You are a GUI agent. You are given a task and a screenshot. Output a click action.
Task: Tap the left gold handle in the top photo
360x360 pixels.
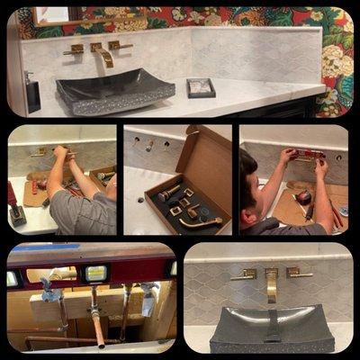pos(74,50)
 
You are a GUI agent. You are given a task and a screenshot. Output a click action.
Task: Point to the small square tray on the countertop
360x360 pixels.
pos(200,87)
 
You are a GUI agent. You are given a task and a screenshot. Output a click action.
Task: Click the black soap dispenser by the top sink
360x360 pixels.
pos(32,93)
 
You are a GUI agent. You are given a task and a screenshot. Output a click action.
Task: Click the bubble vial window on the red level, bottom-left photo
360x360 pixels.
pos(94,273)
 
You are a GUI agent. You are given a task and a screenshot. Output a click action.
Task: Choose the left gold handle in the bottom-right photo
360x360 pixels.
pos(243,274)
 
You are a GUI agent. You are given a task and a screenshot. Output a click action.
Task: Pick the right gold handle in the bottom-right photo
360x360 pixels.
pos(298,272)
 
